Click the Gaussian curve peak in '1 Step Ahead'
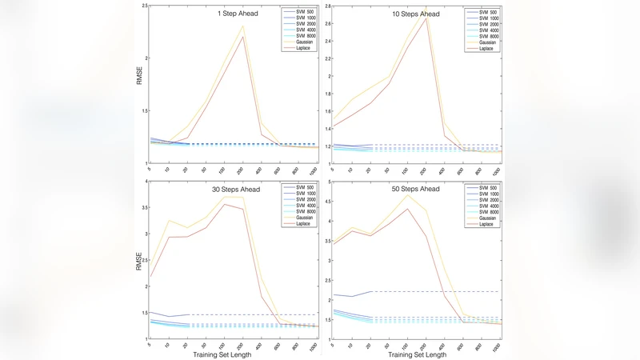(242, 26)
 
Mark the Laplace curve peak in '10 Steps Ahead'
(426, 17)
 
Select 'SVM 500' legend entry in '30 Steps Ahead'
(306, 188)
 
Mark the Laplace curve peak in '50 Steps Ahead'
(408, 209)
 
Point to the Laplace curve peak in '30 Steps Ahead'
(225, 204)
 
